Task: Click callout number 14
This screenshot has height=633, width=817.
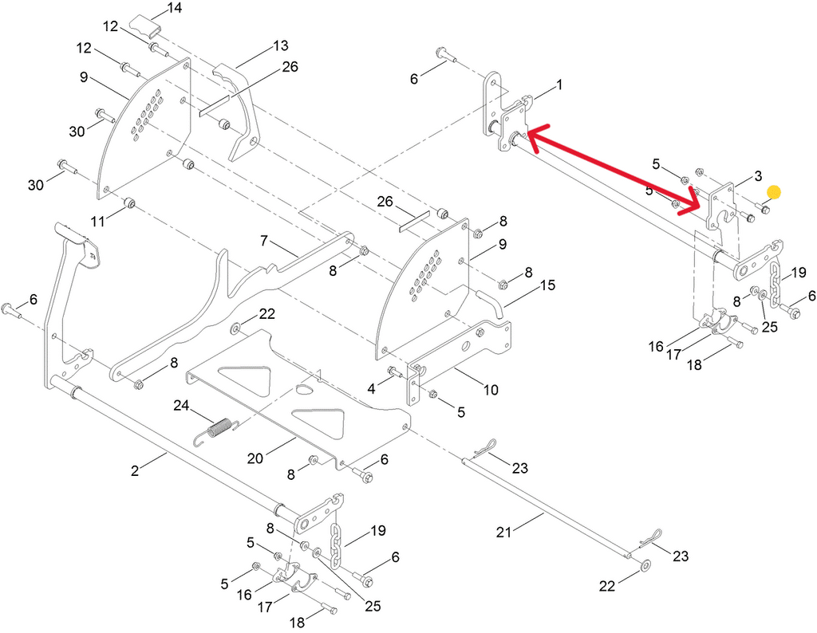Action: click(173, 9)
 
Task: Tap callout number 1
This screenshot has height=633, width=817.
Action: click(558, 84)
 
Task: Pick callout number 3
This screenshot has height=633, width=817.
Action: click(757, 175)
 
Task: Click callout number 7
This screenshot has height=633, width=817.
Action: click(265, 240)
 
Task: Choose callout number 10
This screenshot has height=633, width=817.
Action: click(490, 390)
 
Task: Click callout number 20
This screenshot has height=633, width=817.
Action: click(255, 459)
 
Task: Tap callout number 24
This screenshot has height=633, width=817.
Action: click(183, 406)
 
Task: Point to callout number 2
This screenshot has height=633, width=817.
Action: click(136, 470)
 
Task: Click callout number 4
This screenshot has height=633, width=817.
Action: click(371, 388)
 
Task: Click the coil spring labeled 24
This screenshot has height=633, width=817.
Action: click(215, 431)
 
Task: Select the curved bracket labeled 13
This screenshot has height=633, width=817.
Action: click(243, 112)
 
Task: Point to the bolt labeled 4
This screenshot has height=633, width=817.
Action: click(395, 372)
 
